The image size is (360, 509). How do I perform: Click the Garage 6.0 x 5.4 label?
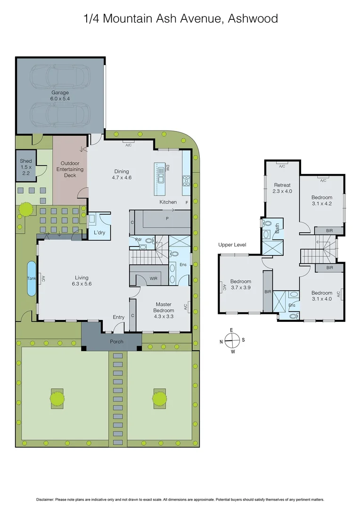pyautogui.click(x=60, y=96)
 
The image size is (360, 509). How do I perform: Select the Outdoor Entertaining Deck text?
pyautogui.click(x=70, y=169)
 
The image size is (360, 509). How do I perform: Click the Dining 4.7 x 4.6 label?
pyautogui.click(x=121, y=174)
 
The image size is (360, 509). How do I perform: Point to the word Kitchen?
pyautogui.click(x=168, y=202)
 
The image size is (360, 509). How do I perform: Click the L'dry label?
pyautogui.click(x=99, y=233)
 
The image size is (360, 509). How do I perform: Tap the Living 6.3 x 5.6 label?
pyautogui.click(x=81, y=280)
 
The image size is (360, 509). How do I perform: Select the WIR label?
pyautogui.click(x=154, y=279)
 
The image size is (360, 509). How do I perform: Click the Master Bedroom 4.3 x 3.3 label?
pyautogui.click(x=164, y=307)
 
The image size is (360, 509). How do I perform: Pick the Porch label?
pyautogui.click(x=116, y=341)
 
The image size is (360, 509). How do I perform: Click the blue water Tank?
pyautogui.click(x=31, y=278)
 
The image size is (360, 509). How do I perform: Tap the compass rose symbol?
pyautogui.click(x=231, y=338)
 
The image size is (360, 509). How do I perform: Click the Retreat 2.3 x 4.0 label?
pyautogui.click(x=282, y=188)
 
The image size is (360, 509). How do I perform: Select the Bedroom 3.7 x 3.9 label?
pyautogui.click(x=240, y=284)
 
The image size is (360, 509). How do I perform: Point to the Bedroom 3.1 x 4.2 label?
pyautogui.click(x=322, y=201)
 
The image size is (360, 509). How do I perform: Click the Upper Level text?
pyautogui.click(x=232, y=245)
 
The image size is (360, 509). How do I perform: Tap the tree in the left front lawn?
pyautogui.click(x=57, y=399)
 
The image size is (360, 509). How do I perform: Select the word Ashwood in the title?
pyautogui.click(x=254, y=19)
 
